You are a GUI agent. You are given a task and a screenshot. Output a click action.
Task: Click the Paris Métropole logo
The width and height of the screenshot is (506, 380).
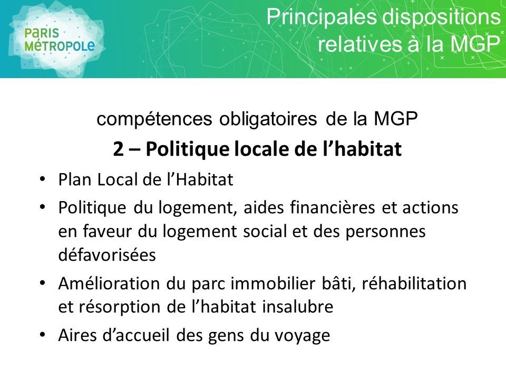[58, 40]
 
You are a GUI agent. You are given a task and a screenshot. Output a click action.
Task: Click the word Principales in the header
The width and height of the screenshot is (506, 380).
[322, 17]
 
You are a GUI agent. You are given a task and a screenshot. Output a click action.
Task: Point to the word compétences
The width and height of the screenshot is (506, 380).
[154, 119]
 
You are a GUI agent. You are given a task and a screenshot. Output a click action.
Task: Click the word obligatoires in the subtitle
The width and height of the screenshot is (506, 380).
[268, 119]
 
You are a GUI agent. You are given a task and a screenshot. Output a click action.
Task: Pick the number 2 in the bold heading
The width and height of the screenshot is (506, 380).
[118, 149]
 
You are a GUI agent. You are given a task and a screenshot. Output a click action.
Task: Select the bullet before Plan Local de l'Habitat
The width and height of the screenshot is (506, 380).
[42, 179]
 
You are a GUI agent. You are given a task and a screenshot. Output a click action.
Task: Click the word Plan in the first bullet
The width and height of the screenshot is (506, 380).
[74, 179]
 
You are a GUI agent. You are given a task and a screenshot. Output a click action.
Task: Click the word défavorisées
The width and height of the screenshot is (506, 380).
[107, 254]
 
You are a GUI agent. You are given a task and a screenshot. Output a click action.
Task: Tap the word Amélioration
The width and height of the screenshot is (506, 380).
[109, 283]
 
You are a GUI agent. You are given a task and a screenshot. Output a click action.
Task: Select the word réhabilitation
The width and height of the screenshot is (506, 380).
[414, 283]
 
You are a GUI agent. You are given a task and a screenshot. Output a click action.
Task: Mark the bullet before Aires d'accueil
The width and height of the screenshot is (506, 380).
[42, 335]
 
